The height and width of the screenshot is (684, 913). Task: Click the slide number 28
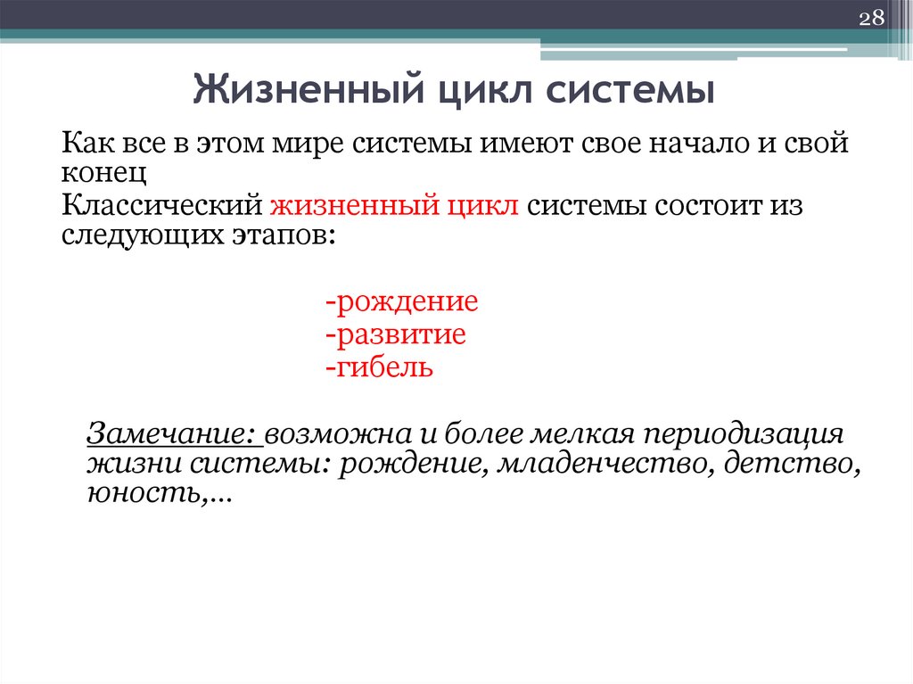click(x=870, y=19)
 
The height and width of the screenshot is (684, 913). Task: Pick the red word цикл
click(x=480, y=205)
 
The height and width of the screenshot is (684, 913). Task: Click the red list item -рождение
click(x=401, y=301)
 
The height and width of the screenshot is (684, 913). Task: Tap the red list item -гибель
click(x=379, y=367)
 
